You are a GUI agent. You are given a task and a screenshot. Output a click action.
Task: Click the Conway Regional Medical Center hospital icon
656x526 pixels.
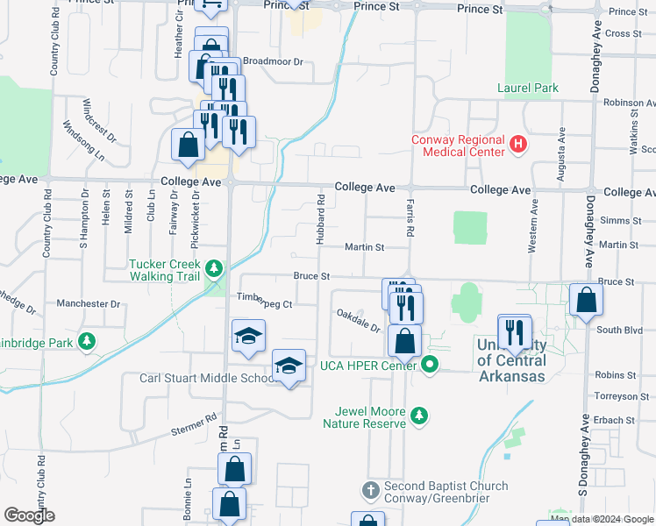click(517, 143)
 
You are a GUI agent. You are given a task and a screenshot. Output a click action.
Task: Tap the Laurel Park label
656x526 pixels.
click(528, 88)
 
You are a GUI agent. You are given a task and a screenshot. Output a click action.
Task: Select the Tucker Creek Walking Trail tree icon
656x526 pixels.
click(213, 267)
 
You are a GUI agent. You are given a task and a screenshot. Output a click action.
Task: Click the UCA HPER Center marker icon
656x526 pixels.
click(429, 365)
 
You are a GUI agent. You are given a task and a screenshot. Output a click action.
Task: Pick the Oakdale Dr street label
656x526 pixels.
click(358, 321)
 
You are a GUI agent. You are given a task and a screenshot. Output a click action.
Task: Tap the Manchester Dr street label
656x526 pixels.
click(88, 304)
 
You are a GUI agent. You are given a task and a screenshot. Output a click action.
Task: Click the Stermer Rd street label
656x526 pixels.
click(192, 425)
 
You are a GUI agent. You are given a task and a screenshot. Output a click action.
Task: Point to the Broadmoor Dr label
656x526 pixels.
click(272, 62)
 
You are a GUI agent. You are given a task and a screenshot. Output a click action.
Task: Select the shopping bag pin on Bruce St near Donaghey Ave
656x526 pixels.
click(585, 300)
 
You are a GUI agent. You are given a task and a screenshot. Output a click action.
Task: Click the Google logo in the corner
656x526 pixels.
click(29, 515)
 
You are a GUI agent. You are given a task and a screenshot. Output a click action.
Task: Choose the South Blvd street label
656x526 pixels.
click(615, 331)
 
